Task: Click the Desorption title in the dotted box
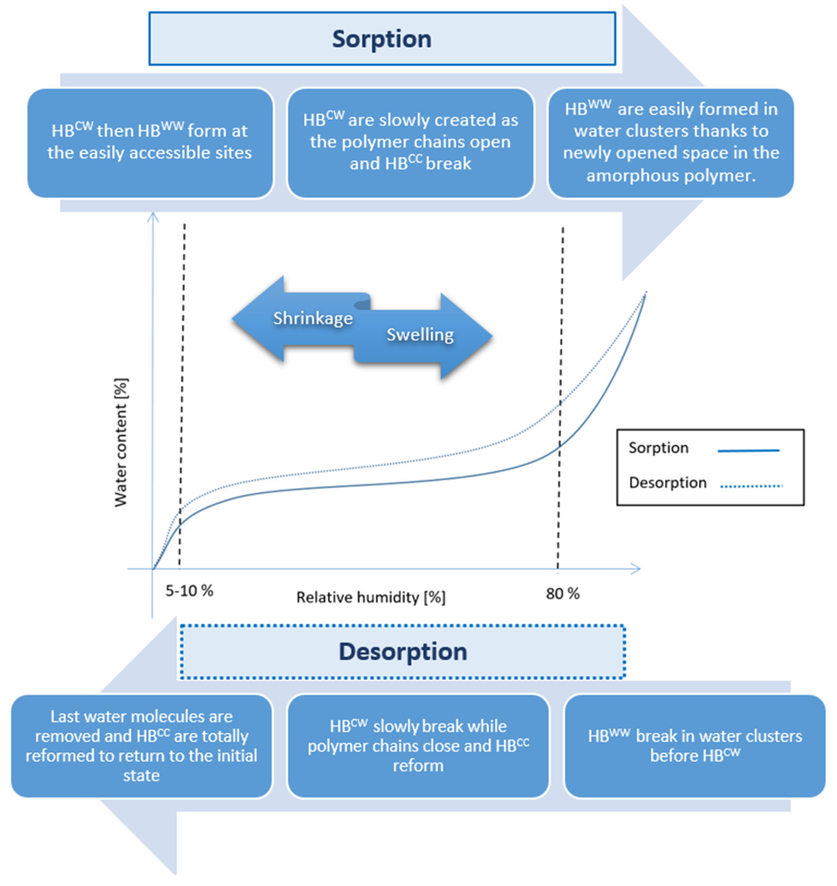403,652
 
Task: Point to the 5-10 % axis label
189,591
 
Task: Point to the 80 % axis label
563,594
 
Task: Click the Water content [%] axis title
121,443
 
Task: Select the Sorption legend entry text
658,448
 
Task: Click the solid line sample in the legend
748,451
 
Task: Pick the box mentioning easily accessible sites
150,143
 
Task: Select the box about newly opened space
671,143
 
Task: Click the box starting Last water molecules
141,746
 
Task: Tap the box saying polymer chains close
418,746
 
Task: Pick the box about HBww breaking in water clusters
695,746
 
